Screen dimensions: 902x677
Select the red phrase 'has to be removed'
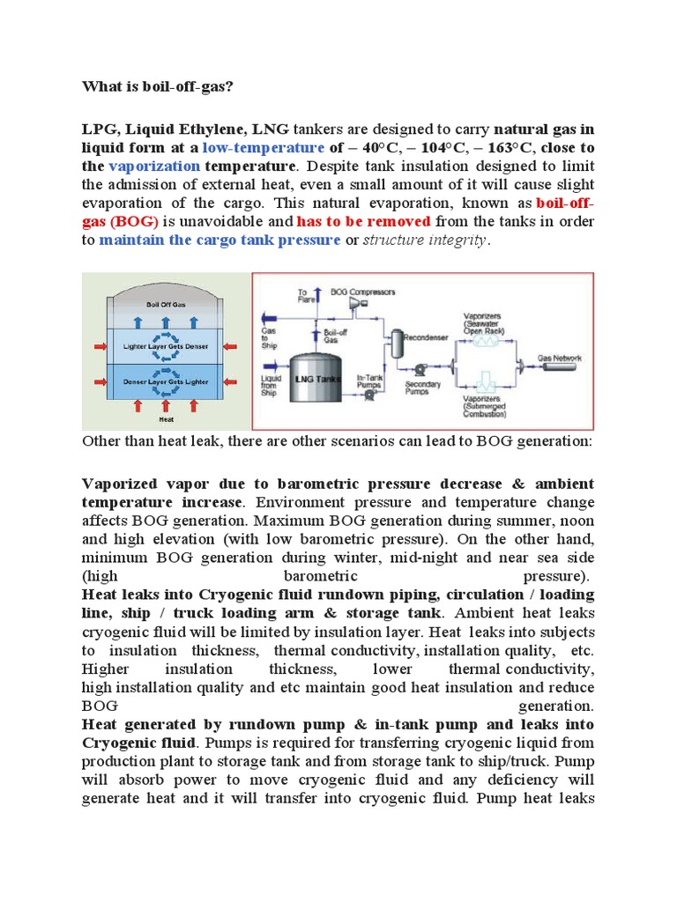pos(364,221)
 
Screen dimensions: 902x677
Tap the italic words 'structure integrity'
pos(424,240)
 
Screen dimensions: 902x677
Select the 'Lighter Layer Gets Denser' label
pos(165,347)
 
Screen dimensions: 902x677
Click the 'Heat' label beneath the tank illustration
pos(165,420)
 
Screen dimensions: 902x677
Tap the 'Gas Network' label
pos(560,359)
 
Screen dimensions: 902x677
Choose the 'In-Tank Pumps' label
pos(369,381)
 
